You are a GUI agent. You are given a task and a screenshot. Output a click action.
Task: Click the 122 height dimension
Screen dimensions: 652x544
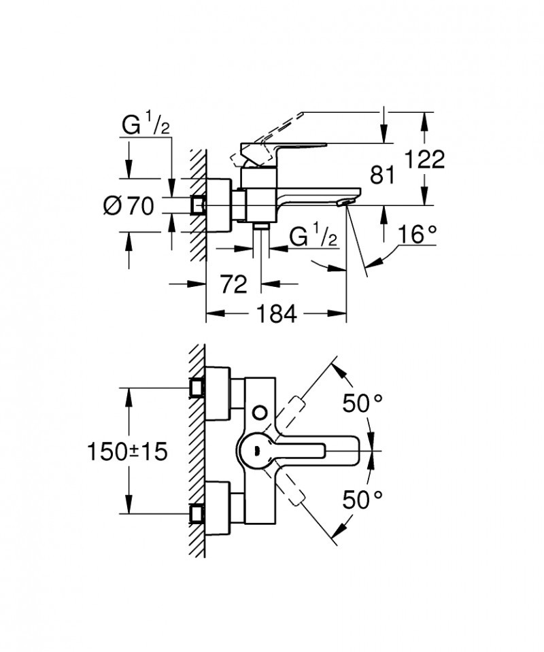425,160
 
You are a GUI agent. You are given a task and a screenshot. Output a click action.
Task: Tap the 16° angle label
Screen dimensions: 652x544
416,235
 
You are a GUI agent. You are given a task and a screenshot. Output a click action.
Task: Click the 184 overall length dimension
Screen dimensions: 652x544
277,313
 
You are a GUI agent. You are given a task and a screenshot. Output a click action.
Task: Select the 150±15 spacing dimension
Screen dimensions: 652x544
127,451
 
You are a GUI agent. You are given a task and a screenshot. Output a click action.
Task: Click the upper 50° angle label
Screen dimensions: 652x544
362,403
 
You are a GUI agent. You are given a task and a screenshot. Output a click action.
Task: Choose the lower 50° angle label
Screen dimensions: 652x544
362,500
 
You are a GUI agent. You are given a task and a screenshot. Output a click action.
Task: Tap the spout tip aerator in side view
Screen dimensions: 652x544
347,202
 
